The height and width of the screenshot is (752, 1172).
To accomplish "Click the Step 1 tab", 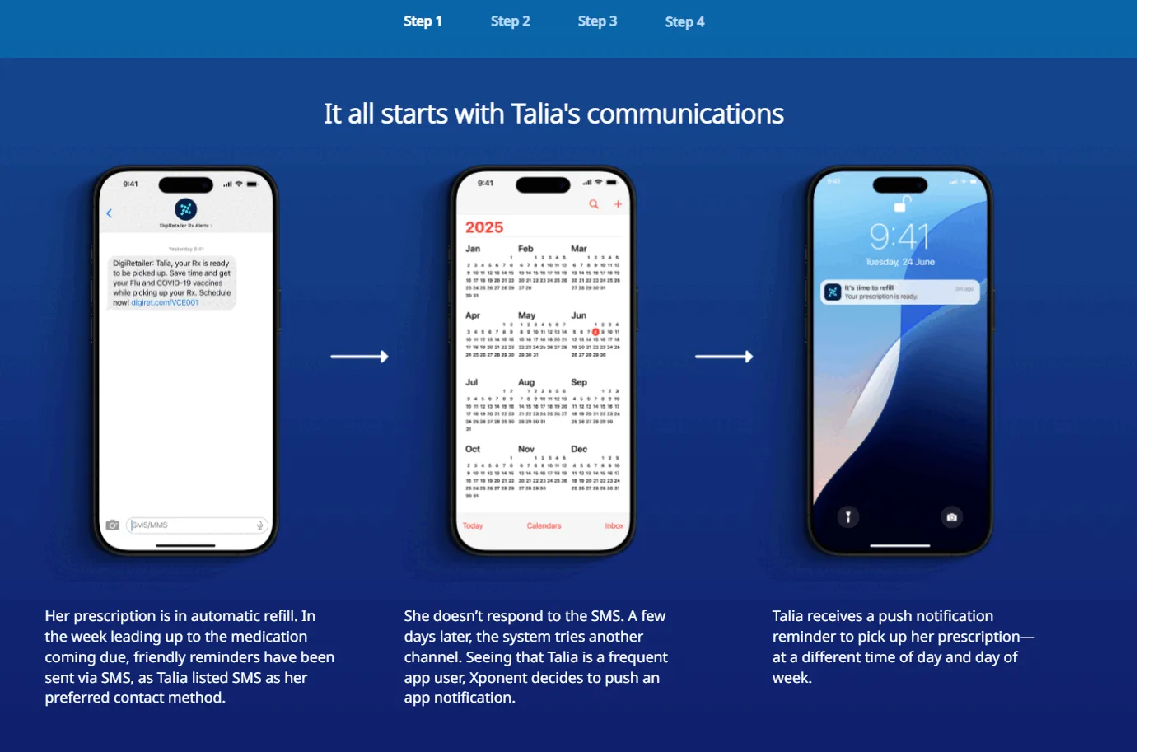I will tap(423, 21).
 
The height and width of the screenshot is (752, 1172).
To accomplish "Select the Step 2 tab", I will tap(510, 21).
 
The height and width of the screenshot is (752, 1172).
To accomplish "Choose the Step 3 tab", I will tap(597, 21).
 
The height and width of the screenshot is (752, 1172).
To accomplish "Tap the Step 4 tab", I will tap(684, 22).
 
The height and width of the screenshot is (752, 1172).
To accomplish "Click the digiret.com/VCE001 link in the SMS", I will tap(165, 303).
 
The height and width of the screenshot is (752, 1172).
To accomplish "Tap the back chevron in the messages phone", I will tap(110, 213).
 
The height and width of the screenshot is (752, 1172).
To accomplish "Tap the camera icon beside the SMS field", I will tap(113, 525).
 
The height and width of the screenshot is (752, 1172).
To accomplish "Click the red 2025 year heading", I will tap(484, 227).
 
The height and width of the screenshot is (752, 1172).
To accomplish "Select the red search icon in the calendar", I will tap(593, 204).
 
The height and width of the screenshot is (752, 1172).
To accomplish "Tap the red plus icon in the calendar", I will tap(618, 204).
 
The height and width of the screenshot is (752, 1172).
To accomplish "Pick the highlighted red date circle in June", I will tap(595, 332).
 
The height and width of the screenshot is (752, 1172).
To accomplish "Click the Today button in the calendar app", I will tap(473, 525).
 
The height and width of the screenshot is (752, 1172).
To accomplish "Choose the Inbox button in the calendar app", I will tap(614, 525).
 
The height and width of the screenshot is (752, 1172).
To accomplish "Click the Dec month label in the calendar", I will tap(579, 449).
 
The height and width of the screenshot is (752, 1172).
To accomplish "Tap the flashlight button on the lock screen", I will tap(848, 517).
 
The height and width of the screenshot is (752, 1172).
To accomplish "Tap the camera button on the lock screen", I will tap(951, 517).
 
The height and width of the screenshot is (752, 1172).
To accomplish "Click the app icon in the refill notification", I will tap(833, 292).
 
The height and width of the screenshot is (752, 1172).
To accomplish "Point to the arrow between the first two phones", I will tap(359, 357).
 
